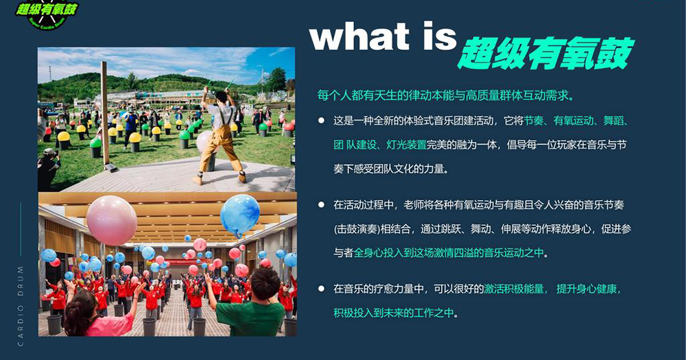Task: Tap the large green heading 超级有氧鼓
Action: click(x=546, y=53)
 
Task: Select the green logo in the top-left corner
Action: click(x=47, y=14)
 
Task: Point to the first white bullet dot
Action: click(x=322, y=120)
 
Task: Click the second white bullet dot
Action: click(x=322, y=204)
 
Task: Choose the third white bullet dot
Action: click(x=322, y=288)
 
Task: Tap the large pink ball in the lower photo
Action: click(x=112, y=220)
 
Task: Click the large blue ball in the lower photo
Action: click(x=239, y=215)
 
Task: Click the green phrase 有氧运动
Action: click(x=573, y=121)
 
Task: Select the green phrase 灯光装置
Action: click(x=406, y=145)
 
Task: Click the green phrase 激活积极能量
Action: click(x=514, y=289)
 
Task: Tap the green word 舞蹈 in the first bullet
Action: click(x=613, y=121)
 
